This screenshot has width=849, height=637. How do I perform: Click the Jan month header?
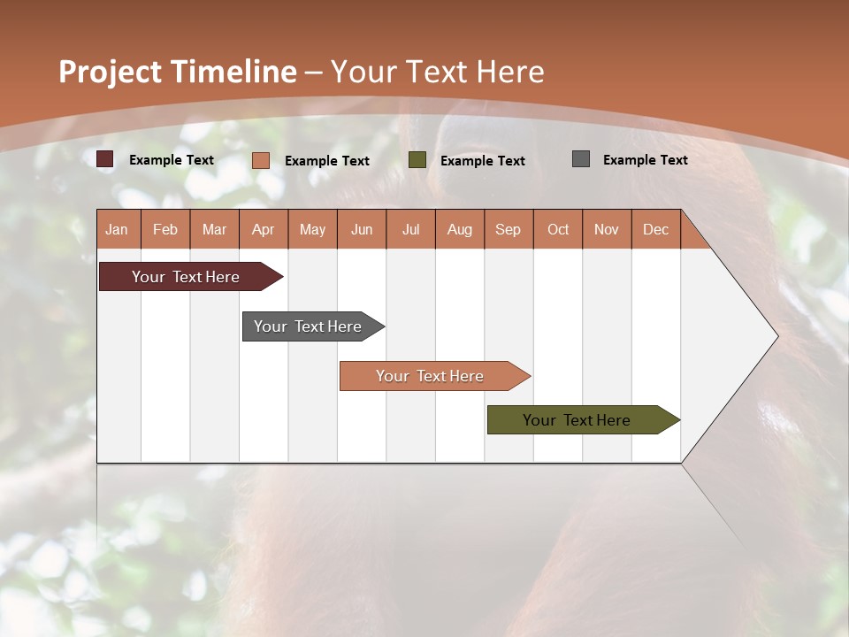pos(117,229)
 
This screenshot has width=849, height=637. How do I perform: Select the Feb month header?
pos(165,229)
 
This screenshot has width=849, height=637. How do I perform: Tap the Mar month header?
pos(214,229)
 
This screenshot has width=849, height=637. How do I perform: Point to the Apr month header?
pos(263,229)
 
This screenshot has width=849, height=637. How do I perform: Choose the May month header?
pos(312,229)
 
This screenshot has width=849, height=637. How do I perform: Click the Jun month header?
pos(362,229)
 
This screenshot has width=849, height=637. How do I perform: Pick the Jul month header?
pos(410,229)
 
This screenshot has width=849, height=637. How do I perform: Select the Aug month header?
pos(459,229)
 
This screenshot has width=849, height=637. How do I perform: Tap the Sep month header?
pos(508,229)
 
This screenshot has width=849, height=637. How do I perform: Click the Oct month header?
pos(558,229)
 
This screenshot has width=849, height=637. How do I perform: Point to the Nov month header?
pos(607,229)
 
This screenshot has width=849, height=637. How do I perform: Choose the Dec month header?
pos(655,229)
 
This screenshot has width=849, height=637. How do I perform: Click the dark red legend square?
pos(105,159)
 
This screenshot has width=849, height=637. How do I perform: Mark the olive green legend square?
pos(417,160)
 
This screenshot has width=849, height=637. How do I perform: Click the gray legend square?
pos(581,159)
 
